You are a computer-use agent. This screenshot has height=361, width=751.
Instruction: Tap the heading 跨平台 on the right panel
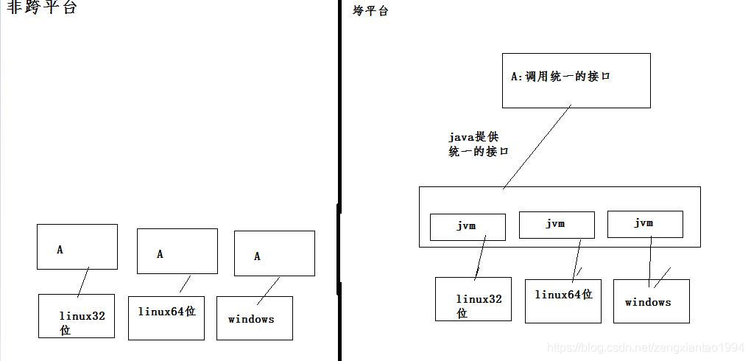click(370, 11)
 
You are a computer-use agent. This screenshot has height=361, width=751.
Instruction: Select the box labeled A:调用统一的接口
click(576, 80)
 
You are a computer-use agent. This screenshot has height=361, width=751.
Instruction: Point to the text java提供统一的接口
click(479, 144)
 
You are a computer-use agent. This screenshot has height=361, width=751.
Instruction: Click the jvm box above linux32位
click(468, 227)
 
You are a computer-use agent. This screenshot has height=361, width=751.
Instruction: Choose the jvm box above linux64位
click(556, 225)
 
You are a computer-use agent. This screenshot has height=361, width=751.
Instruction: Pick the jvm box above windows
click(645, 224)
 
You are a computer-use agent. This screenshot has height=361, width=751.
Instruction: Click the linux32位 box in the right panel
click(473, 299)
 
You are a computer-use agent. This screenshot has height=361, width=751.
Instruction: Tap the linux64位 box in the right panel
click(563, 301)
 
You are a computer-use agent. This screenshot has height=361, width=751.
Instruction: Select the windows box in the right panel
click(651, 301)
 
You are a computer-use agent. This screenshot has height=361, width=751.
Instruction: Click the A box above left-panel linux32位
click(77, 247)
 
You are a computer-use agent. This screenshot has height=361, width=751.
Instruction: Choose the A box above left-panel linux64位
click(177, 251)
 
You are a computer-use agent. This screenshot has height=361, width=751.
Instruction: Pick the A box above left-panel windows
click(274, 253)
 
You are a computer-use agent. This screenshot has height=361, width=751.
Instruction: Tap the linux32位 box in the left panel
click(77, 316)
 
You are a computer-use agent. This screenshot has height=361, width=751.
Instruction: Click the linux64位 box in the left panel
click(166, 318)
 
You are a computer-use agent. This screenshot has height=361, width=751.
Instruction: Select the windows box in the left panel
click(254, 318)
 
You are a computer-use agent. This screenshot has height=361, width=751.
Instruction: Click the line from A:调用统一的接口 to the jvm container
click(537, 147)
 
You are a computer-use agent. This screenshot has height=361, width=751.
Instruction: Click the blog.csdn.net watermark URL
click(647, 347)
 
